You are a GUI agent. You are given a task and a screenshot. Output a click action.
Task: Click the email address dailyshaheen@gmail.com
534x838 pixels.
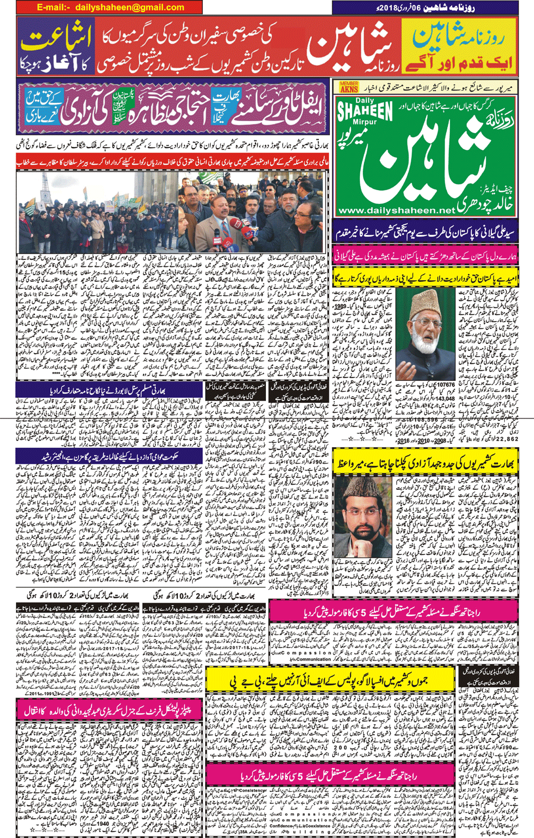point(129,7)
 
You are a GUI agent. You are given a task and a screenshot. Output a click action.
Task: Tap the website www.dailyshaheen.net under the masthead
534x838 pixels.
point(396,211)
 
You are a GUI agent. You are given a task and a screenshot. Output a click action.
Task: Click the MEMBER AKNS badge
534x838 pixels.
point(349,87)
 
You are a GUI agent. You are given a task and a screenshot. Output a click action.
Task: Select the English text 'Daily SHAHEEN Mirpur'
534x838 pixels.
point(365,113)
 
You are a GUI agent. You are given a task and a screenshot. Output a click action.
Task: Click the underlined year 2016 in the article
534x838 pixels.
point(402,441)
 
